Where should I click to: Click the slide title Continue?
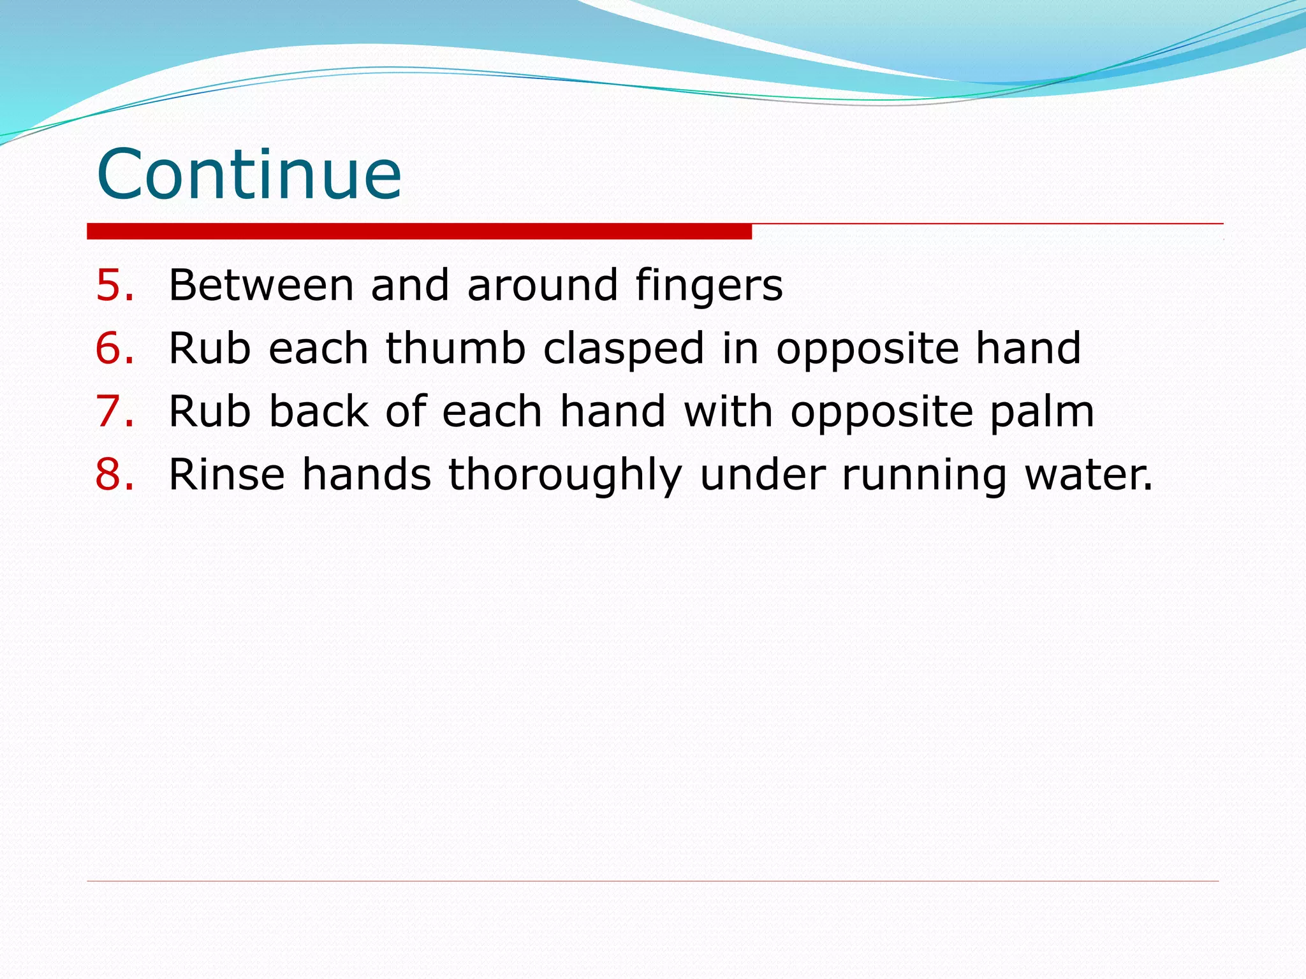click(x=249, y=173)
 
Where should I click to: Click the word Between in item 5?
click(x=261, y=285)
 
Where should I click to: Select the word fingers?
click(x=708, y=285)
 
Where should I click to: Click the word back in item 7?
click(x=318, y=411)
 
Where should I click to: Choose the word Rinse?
click(x=226, y=474)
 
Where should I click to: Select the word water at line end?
click(x=1088, y=474)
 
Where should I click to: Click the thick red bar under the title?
click(x=419, y=231)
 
